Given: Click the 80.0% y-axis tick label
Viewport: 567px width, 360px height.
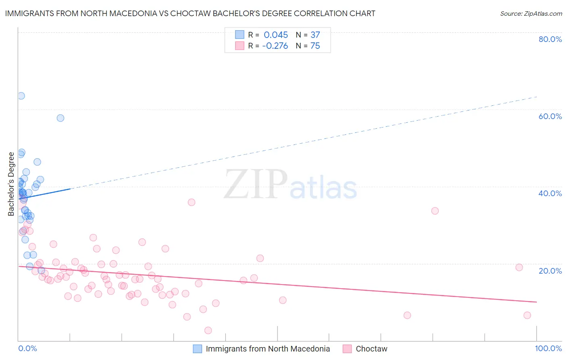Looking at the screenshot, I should tap(550, 39).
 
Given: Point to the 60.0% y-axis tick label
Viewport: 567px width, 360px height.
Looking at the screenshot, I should tap(550, 116).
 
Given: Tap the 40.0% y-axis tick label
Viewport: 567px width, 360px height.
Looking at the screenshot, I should tap(550, 193).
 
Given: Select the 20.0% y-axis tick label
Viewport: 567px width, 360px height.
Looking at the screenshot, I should tap(550, 270).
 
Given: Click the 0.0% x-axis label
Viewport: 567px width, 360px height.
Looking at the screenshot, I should tap(27, 348).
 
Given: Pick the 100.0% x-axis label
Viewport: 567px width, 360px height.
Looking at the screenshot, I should tap(548, 348).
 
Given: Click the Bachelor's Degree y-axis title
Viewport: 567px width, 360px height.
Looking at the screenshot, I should tap(11, 184).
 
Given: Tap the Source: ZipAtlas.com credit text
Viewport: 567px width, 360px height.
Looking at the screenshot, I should tap(531, 13).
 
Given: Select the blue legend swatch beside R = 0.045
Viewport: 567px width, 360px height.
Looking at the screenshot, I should tap(240, 35).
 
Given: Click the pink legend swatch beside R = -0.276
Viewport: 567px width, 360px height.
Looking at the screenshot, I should tap(240, 46).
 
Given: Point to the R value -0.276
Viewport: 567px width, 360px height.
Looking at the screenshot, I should tap(275, 46).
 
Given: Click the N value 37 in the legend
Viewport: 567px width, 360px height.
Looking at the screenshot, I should tap(315, 35).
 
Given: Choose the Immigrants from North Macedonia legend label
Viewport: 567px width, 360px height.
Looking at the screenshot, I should tap(268, 349).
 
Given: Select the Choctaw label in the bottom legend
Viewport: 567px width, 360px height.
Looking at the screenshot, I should tap(371, 349).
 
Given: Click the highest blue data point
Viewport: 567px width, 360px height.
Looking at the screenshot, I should tap(21, 96).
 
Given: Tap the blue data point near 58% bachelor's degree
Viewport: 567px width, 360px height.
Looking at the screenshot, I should tap(60, 118).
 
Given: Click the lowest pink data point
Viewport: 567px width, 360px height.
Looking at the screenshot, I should tap(208, 331).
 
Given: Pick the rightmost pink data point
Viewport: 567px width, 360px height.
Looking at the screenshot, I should tap(527, 315).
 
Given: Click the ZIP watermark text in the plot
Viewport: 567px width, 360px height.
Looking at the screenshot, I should tap(256, 185).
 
